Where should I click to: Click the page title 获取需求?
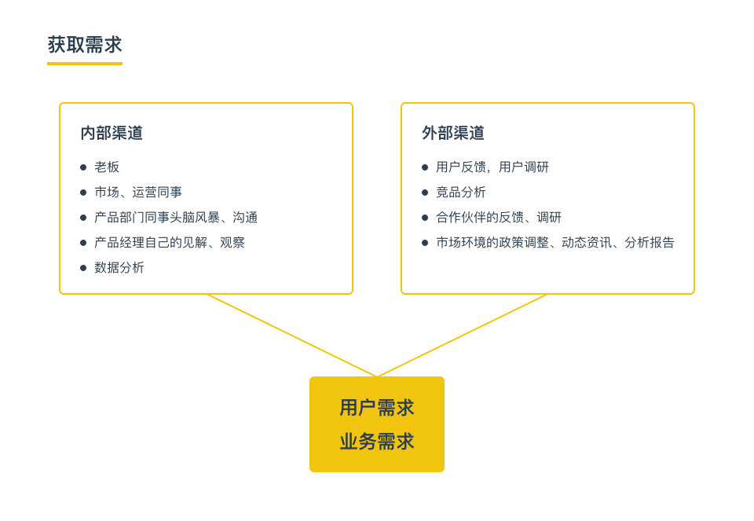point(85,45)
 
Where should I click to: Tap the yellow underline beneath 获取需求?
point(85,63)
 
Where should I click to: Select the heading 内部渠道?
point(112,133)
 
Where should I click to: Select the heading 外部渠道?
point(453,133)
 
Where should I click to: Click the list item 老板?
point(107,167)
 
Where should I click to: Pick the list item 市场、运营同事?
point(138,192)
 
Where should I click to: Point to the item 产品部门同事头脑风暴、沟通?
point(176,217)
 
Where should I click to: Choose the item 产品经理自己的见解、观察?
point(170,242)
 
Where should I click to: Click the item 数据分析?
point(119,267)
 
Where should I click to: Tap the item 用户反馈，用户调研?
point(492,167)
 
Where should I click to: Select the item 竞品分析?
point(461,192)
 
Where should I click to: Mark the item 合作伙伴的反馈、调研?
point(499,217)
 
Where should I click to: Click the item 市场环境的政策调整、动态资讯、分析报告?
point(555,242)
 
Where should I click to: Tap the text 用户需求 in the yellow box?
point(377,408)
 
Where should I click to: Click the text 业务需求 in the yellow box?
point(377,441)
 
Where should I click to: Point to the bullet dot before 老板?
point(83,167)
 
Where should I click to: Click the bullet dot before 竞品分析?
point(425,193)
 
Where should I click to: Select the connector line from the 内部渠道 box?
point(292,336)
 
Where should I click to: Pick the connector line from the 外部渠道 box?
point(462,336)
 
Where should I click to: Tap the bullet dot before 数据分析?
point(83,267)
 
